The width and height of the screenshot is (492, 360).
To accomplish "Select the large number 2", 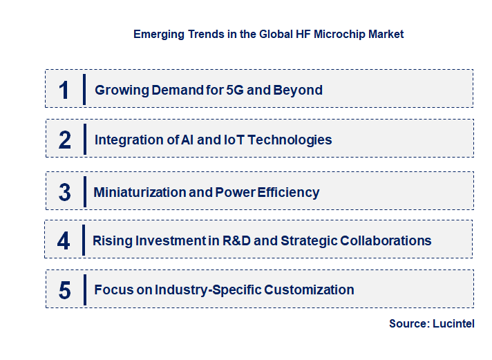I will [64, 140].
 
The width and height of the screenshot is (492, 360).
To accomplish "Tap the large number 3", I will [64, 193].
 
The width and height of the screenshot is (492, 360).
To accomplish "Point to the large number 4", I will [64, 241].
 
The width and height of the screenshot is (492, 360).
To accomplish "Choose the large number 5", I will [64, 290].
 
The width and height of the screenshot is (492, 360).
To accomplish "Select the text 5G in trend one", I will [236, 90].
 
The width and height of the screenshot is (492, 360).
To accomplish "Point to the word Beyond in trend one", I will [301, 90].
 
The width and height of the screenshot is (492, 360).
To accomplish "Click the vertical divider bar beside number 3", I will [84, 191].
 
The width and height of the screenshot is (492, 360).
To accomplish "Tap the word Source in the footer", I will [409, 323].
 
